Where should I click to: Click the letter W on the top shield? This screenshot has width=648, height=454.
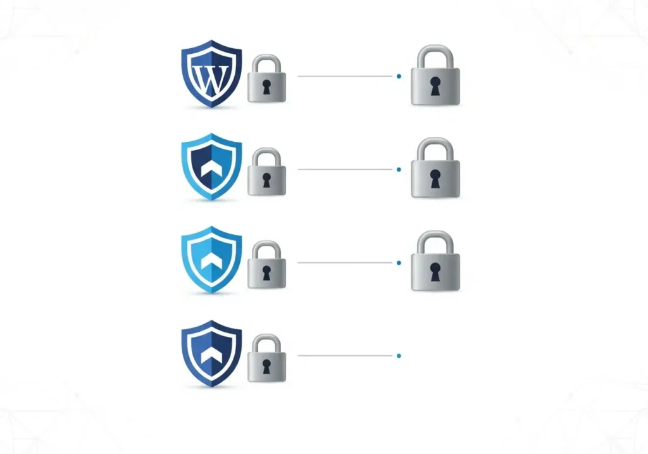click(211, 78)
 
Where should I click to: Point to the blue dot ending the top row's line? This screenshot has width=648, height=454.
click(399, 76)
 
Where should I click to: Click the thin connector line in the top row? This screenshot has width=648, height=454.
click(345, 76)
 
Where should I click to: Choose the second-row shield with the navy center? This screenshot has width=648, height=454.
click(211, 167)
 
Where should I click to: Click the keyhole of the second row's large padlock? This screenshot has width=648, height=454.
click(435, 180)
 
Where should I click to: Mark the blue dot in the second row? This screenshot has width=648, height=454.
click(399, 170)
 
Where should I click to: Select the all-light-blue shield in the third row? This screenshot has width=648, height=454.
click(211, 260)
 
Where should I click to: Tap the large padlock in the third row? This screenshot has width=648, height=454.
click(435, 263)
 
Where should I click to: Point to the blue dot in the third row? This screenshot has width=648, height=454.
click(399, 263)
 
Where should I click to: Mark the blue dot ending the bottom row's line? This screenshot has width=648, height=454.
click(399, 356)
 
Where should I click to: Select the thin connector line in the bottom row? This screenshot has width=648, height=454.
click(345, 356)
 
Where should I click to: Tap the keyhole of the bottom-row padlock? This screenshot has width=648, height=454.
click(266, 367)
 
